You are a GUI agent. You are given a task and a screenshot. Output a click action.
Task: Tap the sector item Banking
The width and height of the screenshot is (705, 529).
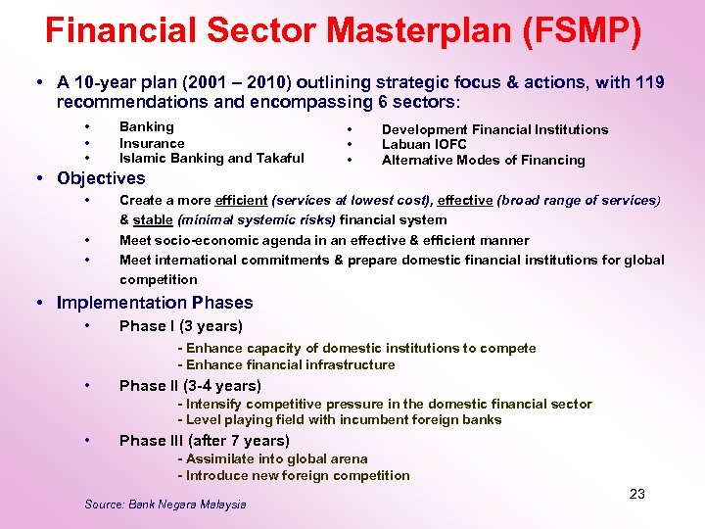point(146,126)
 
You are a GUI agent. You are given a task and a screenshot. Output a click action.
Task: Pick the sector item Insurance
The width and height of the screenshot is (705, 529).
point(152,143)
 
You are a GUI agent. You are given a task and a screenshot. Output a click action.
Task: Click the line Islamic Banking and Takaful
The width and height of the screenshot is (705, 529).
point(211,159)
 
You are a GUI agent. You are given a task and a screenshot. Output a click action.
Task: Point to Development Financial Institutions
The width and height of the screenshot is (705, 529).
point(494,129)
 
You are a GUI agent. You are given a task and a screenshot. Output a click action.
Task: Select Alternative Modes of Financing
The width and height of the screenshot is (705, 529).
point(483,161)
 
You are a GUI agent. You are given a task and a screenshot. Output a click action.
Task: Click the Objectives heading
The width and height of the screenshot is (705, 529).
point(101,178)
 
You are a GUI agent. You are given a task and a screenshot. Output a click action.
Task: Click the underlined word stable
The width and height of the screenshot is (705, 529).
point(153,220)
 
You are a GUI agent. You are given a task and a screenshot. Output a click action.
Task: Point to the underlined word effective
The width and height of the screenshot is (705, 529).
point(465,200)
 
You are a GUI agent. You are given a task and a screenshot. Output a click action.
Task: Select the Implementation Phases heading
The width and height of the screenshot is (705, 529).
point(155,303)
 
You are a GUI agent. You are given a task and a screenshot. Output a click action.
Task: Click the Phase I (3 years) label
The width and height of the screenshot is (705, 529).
point(181,326)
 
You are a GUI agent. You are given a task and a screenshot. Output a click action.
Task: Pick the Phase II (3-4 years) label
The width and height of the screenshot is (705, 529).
point(190,386)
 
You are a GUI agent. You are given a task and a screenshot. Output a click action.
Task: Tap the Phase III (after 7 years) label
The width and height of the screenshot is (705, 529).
point(205,441)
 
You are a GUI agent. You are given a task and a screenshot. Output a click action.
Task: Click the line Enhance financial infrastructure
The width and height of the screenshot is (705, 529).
point(286,365)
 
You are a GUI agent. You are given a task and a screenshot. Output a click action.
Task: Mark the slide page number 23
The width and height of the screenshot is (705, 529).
point(636,494)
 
